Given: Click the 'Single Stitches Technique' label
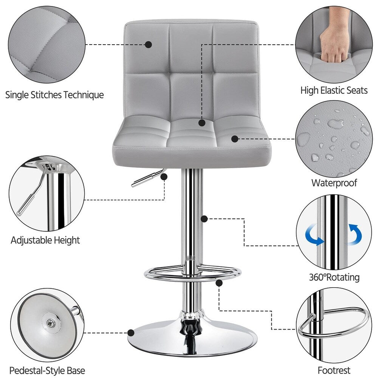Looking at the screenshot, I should point(54,94).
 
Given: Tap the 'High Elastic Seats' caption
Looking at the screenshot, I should point(334,90).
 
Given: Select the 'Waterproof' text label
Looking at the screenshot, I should point(334,183).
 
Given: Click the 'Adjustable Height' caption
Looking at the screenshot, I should point(45,240).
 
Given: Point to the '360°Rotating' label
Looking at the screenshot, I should point(334,277).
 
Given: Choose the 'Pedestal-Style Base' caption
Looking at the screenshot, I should point(47,370).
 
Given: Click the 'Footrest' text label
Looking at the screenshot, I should point(334,370).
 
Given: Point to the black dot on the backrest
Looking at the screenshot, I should point(149,45).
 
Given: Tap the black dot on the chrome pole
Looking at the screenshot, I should point(204,218).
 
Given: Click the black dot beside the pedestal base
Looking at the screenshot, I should point(131,333).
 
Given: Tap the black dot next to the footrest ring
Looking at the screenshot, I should point(218,282).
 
